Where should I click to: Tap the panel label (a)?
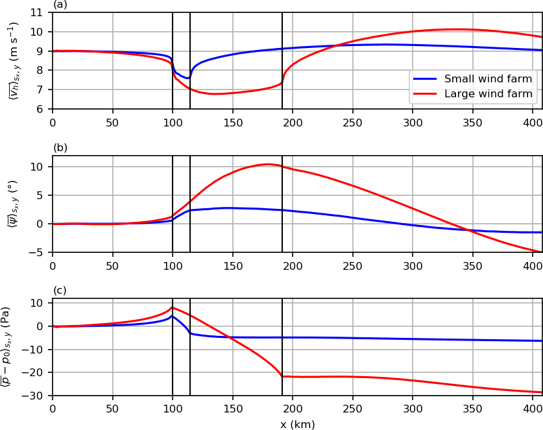(x=60, y=5)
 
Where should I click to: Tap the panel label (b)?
(x=60, y=148)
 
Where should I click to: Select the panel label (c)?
(x=60, y=291)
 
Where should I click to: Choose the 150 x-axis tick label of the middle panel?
(x=232, y=265)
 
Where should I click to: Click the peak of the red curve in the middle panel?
(x=267, y=164)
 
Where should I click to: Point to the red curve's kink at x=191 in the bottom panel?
(x=282, y=376)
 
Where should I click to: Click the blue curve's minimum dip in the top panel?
(x=187, y=78)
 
